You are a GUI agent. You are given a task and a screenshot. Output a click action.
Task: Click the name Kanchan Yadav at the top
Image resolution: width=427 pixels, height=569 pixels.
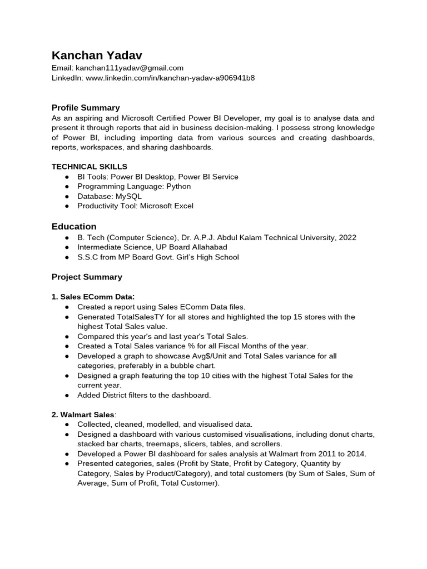click(x=97, y=55)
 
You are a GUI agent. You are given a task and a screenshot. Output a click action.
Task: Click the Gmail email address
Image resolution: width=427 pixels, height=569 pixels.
click(x=130, y=68)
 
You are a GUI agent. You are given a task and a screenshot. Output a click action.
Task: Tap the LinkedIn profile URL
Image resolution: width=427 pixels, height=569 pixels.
click(x=170, y=78)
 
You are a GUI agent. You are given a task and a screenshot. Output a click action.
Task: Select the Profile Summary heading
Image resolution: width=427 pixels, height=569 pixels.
click(x=86, y=107)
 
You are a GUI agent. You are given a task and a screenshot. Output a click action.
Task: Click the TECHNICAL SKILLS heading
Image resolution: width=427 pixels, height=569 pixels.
click(x=90, y=166)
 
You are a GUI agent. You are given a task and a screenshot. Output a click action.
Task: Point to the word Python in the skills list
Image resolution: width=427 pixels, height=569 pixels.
click(x=178, y=186)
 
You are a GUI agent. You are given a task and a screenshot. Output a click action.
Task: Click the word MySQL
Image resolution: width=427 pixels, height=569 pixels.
click(x=128, y=196)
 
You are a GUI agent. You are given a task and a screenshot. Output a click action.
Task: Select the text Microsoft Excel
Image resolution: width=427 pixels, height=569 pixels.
click(x=166, y=206)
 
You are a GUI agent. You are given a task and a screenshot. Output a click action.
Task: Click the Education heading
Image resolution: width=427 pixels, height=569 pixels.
click(x=74, y=226)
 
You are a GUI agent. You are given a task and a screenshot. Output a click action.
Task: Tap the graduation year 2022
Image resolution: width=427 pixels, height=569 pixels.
click(x=347, y=237)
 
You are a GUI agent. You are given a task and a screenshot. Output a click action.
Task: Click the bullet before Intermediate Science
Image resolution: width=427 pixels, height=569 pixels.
click(x=67, y=247)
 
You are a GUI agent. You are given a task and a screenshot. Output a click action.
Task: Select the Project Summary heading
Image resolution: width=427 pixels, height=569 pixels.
click(x=87, y=277)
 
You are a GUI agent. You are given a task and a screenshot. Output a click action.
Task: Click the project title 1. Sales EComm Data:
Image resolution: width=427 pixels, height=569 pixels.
click(x=93, y=297)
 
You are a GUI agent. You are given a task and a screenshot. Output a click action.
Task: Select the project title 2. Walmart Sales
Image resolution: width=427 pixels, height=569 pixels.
click(x=83, y=415)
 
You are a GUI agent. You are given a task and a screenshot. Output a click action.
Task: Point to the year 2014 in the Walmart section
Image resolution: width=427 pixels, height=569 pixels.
click(x=356, y=453)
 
